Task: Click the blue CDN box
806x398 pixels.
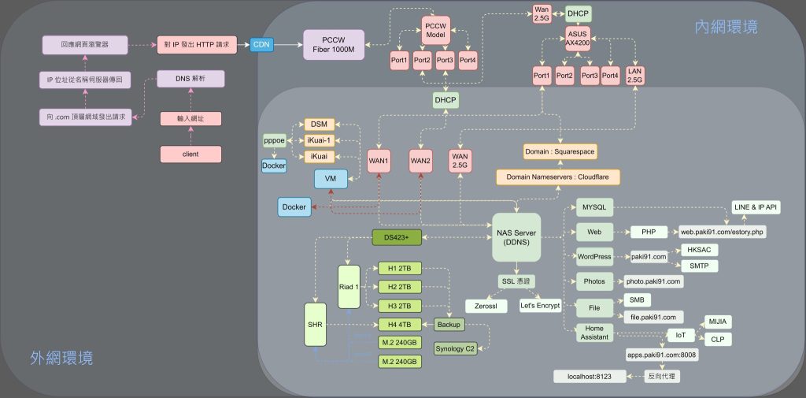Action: tap(261, 45)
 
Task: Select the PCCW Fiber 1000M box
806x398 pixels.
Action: tap(334, 45)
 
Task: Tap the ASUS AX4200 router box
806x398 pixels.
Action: tap(578, 39)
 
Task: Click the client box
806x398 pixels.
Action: tap(190, 154)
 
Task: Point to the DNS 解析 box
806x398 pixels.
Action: tap(190, 79)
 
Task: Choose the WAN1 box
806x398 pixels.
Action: tap(379, 162)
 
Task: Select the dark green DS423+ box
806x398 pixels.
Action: tap(396, 236)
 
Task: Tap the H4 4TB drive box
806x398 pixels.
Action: tap(399, 325)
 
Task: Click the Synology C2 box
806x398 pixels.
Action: tap(456, 348)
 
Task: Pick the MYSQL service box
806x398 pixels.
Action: tap(593, 207)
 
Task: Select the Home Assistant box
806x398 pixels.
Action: tap(595, 333)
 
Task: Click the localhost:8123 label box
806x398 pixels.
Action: tap(590, 377)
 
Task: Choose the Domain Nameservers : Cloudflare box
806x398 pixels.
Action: tap(558, 179)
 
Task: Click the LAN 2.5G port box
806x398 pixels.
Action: tap(635, 76)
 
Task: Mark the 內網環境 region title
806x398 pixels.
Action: tap(725, 28)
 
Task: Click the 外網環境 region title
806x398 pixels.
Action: tap(61, 358)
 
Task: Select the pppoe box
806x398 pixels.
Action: tap(274, 140)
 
